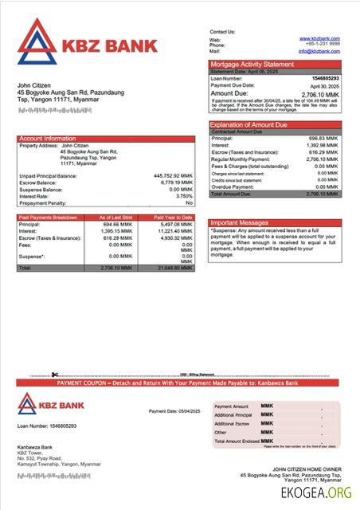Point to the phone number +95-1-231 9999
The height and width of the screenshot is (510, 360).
tap(321, 45)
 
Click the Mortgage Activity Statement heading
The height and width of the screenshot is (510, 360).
tap(252, 65)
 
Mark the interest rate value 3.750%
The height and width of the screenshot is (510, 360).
tap(184, 196)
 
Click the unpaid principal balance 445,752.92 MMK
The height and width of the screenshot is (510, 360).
tap(173, 176)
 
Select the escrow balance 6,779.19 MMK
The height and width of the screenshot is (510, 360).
tap(176, 182)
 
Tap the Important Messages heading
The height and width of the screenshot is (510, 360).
tap(240, 222)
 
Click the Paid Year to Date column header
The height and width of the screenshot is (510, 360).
tap(173, 218)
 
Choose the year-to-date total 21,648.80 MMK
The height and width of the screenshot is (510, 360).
tap(174, 268)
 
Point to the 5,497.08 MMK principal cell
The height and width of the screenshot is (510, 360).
tap(176, 225)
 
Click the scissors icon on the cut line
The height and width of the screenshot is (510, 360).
tap(55, 375)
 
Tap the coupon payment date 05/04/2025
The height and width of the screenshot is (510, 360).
tap(180, 411)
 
